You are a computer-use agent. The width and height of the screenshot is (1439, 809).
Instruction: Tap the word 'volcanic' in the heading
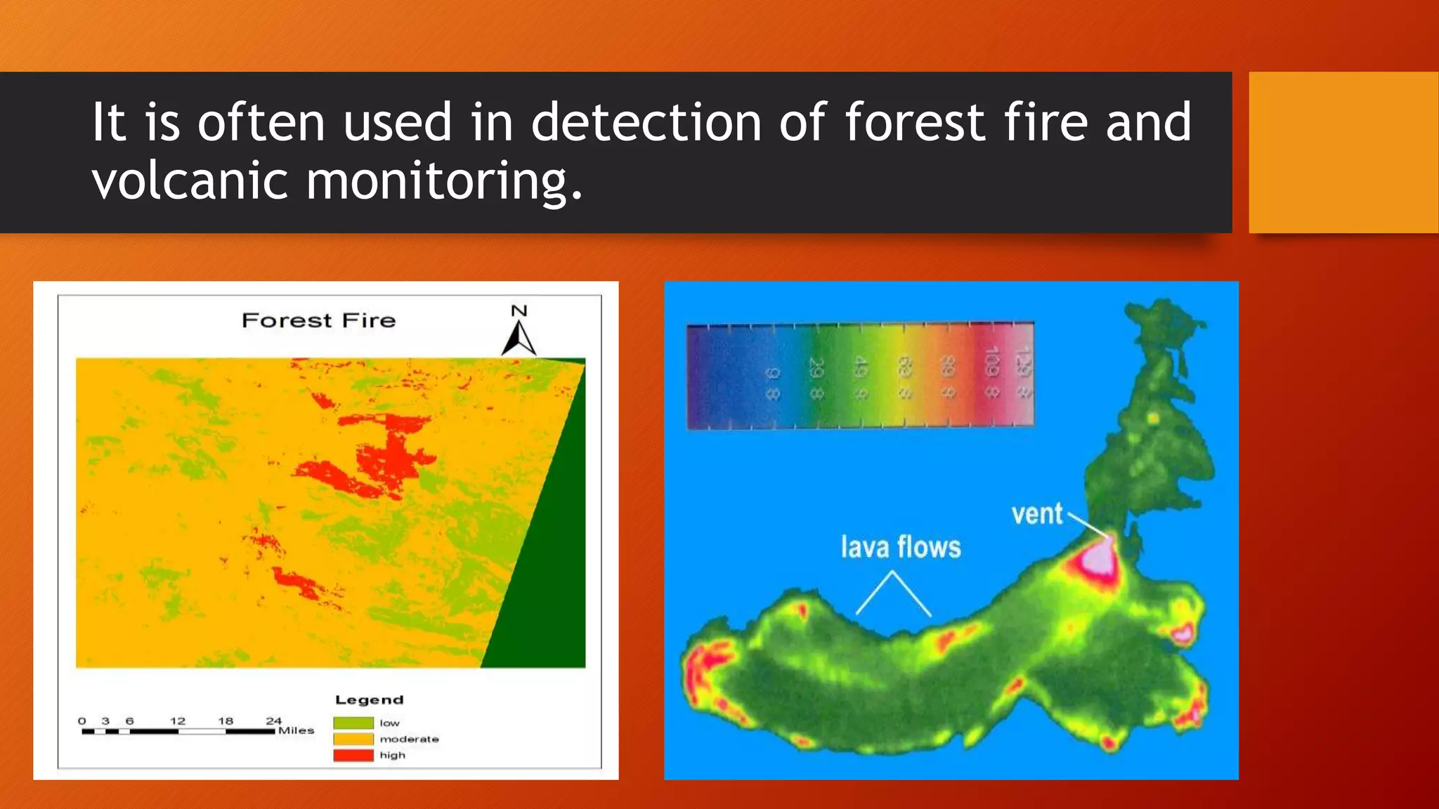[x=190, y=180]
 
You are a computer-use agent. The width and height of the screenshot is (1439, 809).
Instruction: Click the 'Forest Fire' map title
[x=318, y=321]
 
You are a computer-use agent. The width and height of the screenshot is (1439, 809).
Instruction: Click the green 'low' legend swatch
[x=353, y=723]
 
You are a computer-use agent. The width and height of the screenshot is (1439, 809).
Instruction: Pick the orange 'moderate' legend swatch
[x=353, y=739]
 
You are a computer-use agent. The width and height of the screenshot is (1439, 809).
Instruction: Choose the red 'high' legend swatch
[x=353, y=755]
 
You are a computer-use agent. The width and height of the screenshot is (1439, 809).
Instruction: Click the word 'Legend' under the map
[x=370, y=699]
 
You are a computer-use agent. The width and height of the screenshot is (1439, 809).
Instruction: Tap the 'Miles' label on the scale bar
[x=296, y=730]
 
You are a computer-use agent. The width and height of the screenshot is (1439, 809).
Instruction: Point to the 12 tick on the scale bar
[x=178, y=721]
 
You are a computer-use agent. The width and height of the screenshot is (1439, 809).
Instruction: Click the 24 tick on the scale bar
[x=273, y=721]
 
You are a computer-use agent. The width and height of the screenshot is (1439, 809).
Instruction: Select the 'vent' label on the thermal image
[x=1036, y=514]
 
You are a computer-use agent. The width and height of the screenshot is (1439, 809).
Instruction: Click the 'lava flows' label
[x=901, y=547]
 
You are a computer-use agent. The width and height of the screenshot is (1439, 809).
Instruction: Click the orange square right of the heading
[x=1343, y=152]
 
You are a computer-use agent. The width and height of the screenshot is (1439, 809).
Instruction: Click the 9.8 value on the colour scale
[x=771, y=383]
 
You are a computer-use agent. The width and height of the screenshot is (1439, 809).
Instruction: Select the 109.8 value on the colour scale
[x=991, y=372]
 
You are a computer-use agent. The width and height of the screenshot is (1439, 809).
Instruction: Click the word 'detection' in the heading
[x=646, y=122]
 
